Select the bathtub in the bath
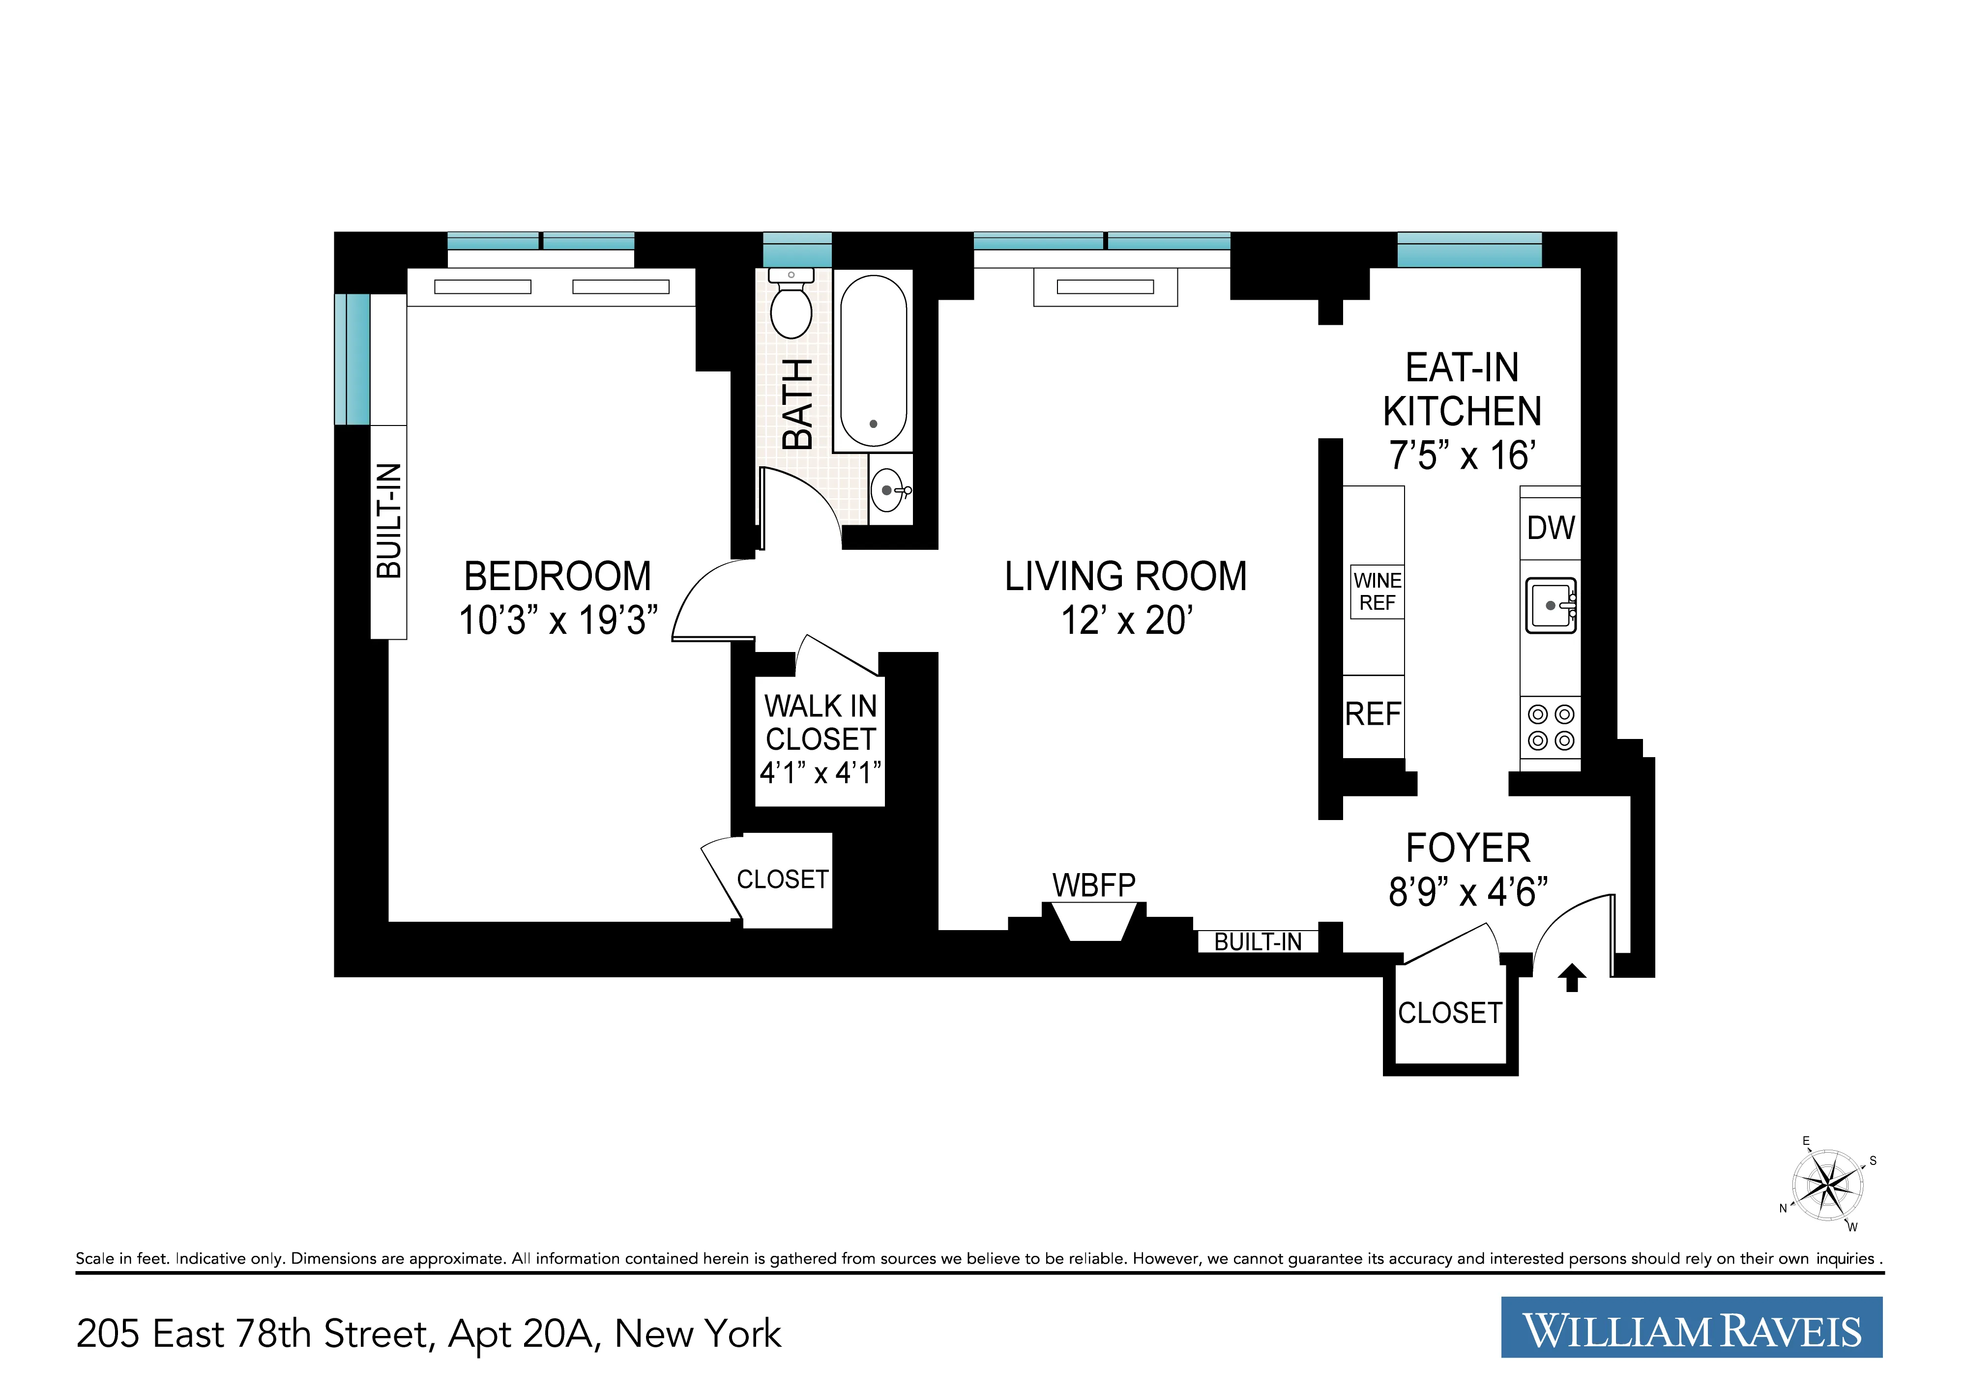[x=873, y=360]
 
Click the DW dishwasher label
[x=1551, y=528]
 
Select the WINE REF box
[x=1377, y=592]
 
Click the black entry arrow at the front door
[x=1572, y=977]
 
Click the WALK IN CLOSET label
[x=820, y=723]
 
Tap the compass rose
[x=1828, y=1186]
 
